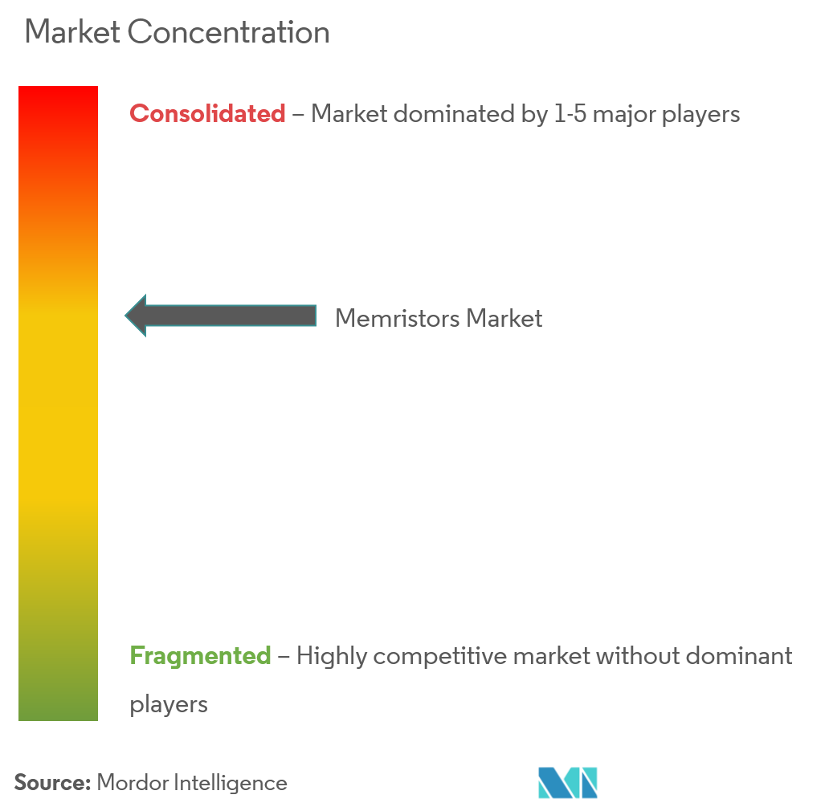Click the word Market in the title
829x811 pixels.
click(72, 32)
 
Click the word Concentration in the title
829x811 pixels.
click(228, 32)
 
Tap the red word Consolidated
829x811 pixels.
click(207, 113)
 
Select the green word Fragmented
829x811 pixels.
click(200, 656)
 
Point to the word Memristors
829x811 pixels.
click(398, 319)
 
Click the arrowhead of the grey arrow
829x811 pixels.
click(135, 316)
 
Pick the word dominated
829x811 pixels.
click(454, 114)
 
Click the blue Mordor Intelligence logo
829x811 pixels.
click(568, 782)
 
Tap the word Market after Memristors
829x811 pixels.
click(504, 319)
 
